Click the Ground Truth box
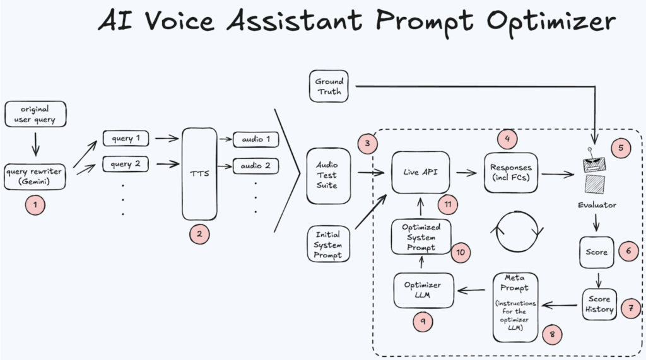(x=329, y=86)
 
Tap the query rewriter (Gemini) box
(x=35, y=176)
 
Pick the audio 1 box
(x=255, y=138)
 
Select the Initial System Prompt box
(x=328, y=245)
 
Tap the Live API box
(x=421, y=172)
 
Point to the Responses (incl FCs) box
(x=511, y=173)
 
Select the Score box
(x=596, y=252)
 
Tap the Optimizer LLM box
(x=422, y=289)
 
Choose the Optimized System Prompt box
(x=421, y=237)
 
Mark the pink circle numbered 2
(x=199, y=234)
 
